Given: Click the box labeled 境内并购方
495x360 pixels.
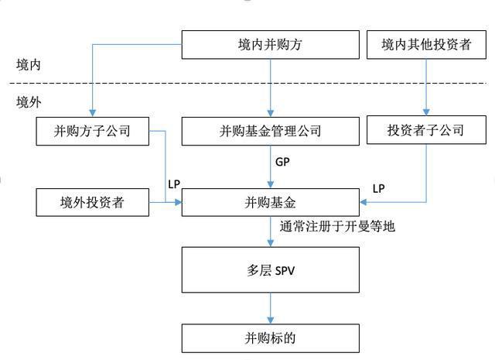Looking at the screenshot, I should pos(270,44).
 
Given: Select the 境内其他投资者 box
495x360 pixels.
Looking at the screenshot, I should pos(426,44).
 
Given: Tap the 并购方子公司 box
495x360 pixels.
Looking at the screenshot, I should pos(92,131).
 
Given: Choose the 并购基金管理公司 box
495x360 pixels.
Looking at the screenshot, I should pos(270,131).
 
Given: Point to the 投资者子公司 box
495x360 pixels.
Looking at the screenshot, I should pos(426,131).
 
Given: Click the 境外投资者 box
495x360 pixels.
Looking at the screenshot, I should pos(92,204).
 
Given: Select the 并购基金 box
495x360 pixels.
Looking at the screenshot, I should pos(270,204).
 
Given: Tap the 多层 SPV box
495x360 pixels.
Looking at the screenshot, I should pos(270,270).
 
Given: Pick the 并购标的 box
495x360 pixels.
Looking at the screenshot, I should pos(270,338).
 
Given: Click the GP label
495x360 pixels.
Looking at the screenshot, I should pos(283,163).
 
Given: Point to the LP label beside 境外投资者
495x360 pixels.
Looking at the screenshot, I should pos(174,184).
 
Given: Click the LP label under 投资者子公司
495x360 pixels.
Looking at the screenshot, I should pos(378,188).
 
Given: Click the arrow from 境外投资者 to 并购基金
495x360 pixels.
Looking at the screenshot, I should pos(164,204).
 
